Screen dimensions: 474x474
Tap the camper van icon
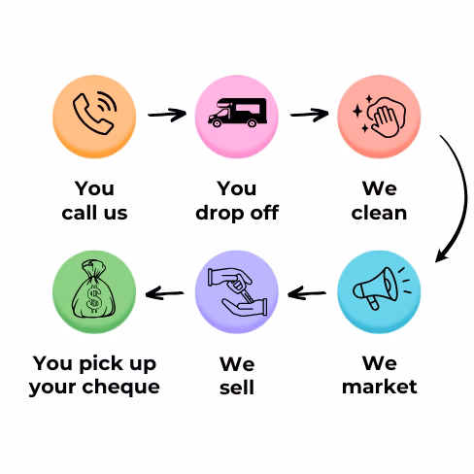(x=237, y=113)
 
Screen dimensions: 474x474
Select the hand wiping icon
(x=380, y=117)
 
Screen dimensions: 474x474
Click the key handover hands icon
(x=237, y=291)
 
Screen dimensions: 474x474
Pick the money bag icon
(x=93, y=288)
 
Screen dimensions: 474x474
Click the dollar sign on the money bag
(x=94, y=299)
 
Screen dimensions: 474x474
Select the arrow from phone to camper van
(x=167, y=115)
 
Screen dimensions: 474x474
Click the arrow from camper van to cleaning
(x=310, y=115)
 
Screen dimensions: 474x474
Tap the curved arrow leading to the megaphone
(x=466, y=197)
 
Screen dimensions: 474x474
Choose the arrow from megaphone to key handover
(x=307, y=293)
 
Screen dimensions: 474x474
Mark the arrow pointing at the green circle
(x=164, y=293)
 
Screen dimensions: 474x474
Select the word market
(x=380, y=387)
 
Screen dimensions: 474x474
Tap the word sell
(x=237, y=387)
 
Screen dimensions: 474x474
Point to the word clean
(x=379, y=213)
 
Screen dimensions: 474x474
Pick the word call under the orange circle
(x=80, y=213)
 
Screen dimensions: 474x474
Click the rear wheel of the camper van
(x=252, y=123)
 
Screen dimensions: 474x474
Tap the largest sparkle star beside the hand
(x=357, y=111)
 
